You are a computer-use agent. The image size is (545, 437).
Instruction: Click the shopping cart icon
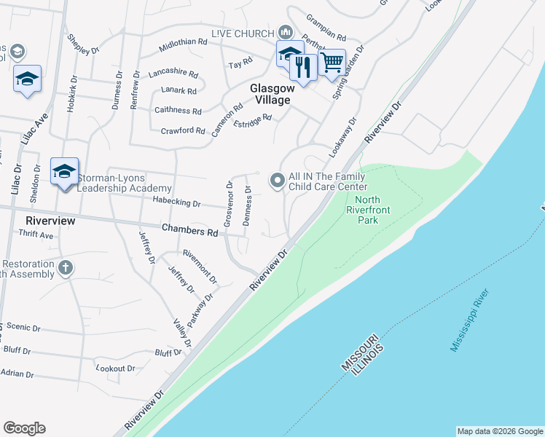coord(332,62)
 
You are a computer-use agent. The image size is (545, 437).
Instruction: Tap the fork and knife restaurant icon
coord(303,67)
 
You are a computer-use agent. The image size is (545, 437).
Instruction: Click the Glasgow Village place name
coord(270,94)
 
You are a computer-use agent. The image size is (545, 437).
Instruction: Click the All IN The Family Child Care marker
coord(277,179)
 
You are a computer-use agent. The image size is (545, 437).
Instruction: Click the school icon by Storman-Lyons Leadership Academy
coord(64,172)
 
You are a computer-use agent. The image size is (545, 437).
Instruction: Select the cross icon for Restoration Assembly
coord(65,267)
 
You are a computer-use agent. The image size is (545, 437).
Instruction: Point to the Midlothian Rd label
coord(183,43)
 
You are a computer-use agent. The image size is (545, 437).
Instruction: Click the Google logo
coord(25,428)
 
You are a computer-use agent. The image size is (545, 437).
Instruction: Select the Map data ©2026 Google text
coord(500,431)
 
